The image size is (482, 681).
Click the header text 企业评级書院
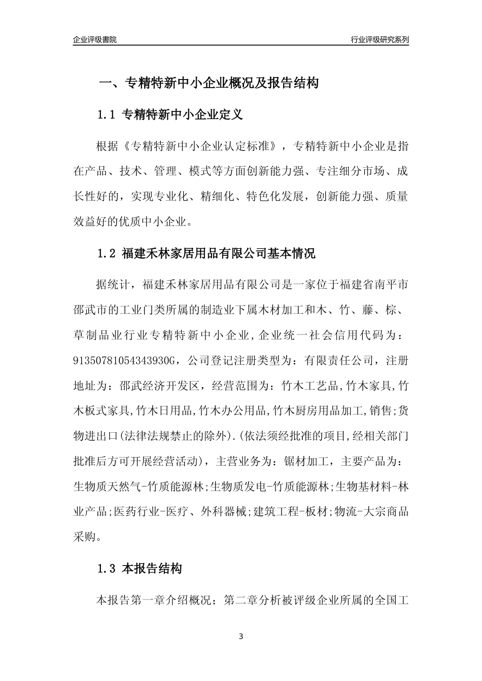(95, 40)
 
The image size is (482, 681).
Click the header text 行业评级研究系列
(380, 40)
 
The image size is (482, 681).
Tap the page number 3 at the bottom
(241, 636)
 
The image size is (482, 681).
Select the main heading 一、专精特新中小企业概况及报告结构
(208, 83)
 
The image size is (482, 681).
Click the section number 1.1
(107, 115)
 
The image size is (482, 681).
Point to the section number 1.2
(107, 253)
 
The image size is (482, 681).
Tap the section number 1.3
(107, 569)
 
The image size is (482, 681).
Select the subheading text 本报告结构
(152, 569)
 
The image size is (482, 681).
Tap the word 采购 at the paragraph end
(84, 537)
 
